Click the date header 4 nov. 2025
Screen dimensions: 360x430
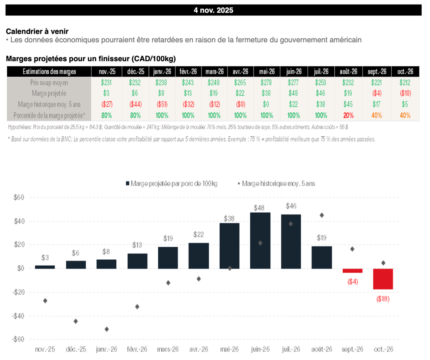pos(213,10)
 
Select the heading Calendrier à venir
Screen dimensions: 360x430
pos(37,31)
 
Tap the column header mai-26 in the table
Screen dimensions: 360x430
pos(267,72)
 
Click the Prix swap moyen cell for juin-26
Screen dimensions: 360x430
pos(294,83)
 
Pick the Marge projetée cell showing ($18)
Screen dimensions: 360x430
pos(405,93)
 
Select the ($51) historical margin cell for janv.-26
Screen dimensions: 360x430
pos(162,104)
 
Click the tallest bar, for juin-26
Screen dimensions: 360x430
pos(260,240)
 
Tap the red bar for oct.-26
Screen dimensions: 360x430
pos(383,279)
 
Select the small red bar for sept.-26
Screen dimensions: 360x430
pos(352,271)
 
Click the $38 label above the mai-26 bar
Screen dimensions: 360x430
pos(229,218)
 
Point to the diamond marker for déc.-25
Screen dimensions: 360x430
pos(76,321)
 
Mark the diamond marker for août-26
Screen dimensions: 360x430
pos(322,215)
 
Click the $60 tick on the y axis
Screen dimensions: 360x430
pos(19,198)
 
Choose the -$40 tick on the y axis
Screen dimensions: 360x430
pos(18,316)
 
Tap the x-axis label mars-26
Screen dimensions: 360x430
pos(168,349)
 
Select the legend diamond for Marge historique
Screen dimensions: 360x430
pos(239,183)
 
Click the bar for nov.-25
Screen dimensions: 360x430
pos(45,267)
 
